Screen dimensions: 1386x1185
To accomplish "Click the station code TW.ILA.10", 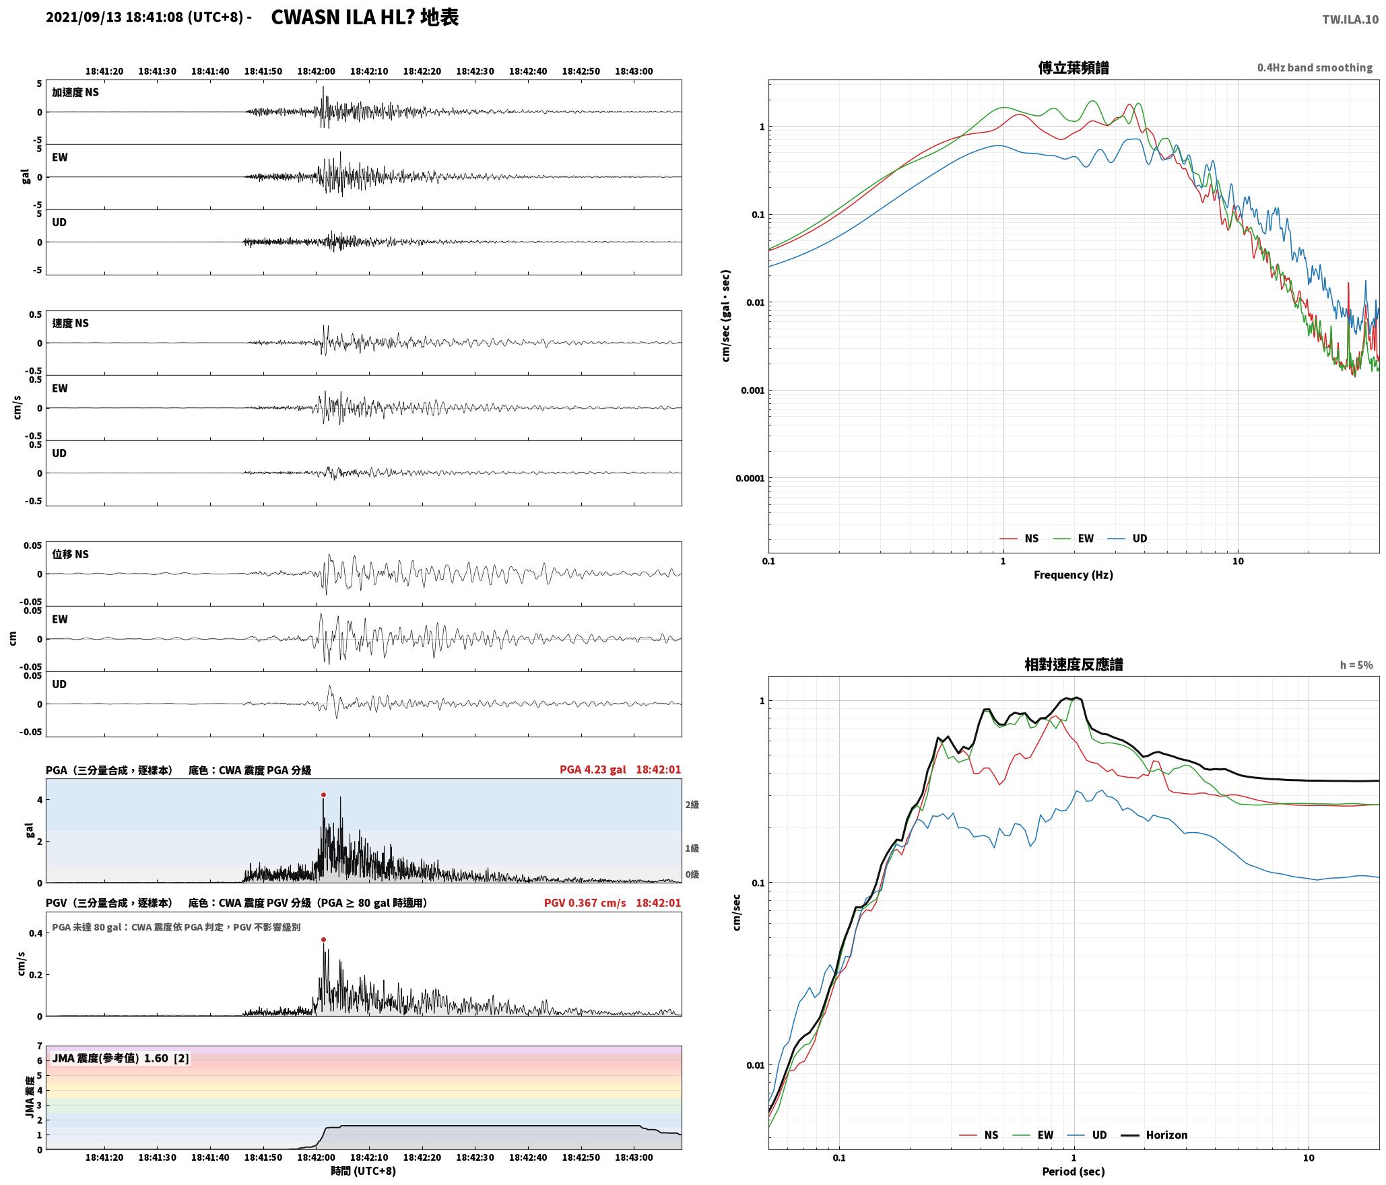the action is [x=1350, y=20].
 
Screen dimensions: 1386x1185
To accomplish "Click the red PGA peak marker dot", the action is [x=323, y=795].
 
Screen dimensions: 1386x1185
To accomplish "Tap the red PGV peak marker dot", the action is [x=323, y=939].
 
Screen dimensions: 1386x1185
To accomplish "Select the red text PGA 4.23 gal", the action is [x=593, y=770].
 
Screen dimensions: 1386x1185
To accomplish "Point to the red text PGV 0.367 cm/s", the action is [x=585, y=903].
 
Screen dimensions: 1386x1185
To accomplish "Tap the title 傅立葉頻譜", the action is [x=1074, y=67].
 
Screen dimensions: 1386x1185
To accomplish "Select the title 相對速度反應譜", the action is [x=1074, y=665].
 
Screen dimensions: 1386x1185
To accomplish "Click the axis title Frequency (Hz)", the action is [x=1074, y=575].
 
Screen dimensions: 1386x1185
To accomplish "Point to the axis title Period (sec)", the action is [x=1074, y=1172].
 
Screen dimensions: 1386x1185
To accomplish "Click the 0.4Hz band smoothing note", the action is [x=1315, y=68].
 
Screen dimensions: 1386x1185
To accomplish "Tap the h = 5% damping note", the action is [x=1356, y=665].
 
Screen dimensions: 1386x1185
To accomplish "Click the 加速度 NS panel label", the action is [x=75, y=92].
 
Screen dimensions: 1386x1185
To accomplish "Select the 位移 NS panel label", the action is [x=71, y=554].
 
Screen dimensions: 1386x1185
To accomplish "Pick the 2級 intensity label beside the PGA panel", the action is [x=692, y=805].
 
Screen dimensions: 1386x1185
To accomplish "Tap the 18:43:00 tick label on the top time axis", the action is [x=634, y=71].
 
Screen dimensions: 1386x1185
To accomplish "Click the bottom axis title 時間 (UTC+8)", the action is [x=364, y=1171].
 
